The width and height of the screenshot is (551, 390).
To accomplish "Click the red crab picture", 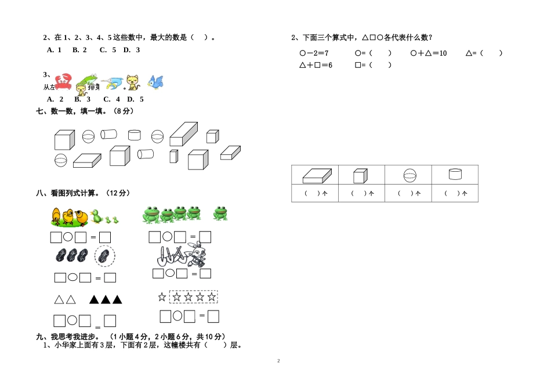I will (x=63, y=82).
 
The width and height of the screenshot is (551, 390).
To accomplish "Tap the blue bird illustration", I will (x=155, y=82).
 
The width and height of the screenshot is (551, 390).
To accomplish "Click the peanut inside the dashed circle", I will (x=104, y=256).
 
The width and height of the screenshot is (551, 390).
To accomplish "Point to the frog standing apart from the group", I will (x=220, y=214).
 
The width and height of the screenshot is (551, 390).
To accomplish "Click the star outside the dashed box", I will (x=162, y=297).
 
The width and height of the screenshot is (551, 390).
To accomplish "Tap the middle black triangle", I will (x=106, y=299).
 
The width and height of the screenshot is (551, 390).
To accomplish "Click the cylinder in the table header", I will (x=455, y=174).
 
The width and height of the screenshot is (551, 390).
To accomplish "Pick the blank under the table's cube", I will (x=361, y=194).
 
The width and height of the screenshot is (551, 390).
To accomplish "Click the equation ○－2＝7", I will (x=314, y=53).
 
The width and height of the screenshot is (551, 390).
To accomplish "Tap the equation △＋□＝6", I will (x=316, y=65).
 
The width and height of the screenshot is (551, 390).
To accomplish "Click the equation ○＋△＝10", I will (x=428, y=53).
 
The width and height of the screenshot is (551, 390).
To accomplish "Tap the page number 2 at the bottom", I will (x=278, y=361).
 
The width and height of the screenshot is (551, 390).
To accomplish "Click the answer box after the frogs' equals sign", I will (x=205, y=237).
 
